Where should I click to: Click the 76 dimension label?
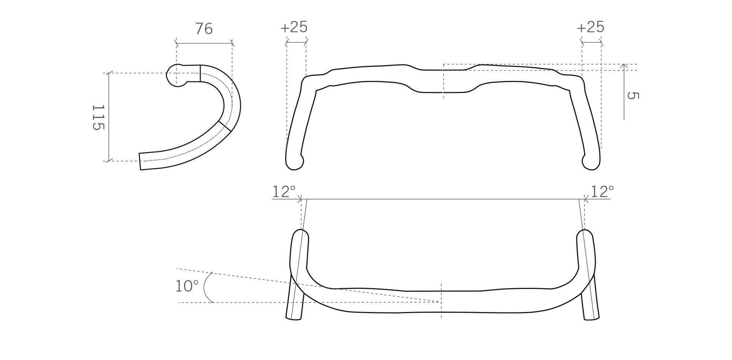(204, 29)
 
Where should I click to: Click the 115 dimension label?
(98, 117)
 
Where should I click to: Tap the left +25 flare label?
(294, 27)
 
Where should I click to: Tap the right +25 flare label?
(590, 27)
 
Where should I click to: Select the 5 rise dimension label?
(633, 95)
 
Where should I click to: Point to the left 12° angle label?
(284, 191)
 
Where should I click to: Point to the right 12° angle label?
(602, 191)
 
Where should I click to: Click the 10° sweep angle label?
(187, 286)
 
